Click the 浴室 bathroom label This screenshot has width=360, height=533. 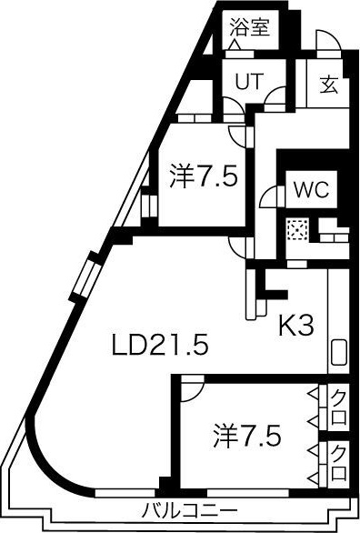coord(250,26)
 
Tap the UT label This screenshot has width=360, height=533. coord(247,80)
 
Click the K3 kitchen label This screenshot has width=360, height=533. coord(296,325)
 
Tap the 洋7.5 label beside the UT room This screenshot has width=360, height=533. coord(204,176)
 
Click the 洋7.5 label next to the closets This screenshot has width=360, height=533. coord(247,434)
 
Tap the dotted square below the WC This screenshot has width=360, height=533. coord(297,231)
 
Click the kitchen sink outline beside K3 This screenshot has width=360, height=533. coord(338,352)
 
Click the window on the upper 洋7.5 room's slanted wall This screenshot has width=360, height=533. coord(145,205)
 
